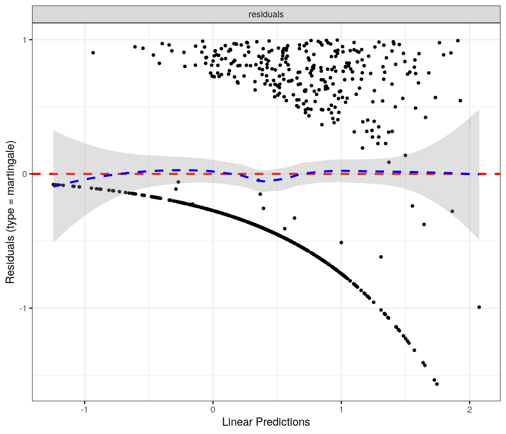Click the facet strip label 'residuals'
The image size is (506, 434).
(x=266, y=15)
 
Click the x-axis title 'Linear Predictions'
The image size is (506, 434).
(x=266, y=422)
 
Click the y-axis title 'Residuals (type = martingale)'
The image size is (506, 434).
(x=10, y=212)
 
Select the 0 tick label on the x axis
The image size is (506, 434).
(x=213, y=410)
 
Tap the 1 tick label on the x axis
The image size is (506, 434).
(x=341, y=410)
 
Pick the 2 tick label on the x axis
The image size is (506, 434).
(x=469, y=410)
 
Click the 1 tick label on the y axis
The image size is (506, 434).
(x=25, y=40)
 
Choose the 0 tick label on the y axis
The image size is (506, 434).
(x=25, y=174)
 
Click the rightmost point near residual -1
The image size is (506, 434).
(x=479, y=307)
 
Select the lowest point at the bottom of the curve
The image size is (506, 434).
(x=437, y=384)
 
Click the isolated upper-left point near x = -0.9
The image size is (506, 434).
(x=93, y=53)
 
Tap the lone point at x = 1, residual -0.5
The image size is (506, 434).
(x=341, y=243)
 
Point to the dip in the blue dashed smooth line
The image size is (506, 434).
(x=264, y=181)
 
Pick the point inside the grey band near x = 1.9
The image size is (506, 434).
(x=452, y=211)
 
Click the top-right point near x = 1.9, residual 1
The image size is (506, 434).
(x=457, y=41)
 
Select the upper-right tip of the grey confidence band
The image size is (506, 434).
(x=479, y=110)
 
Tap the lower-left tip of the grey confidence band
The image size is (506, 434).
(x=54, y=241)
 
